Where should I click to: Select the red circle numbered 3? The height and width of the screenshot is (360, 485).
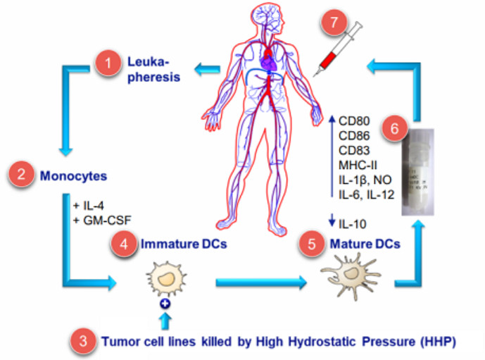(x=84, y=341)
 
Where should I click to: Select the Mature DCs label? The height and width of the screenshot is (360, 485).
(x=365, y=244)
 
